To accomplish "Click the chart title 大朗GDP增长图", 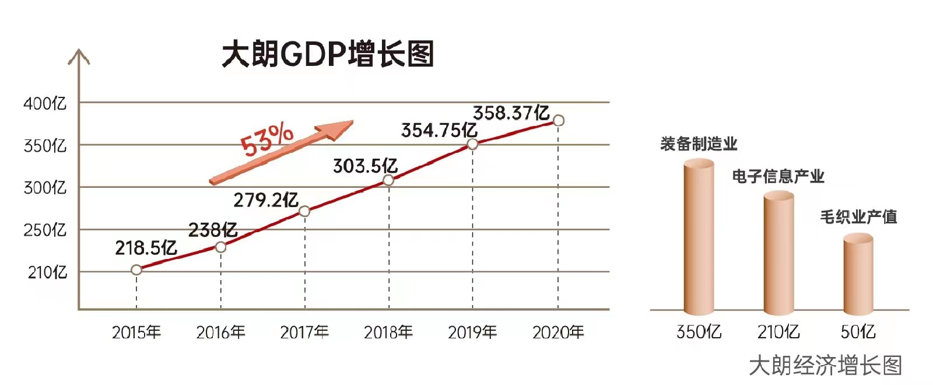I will [328, 54].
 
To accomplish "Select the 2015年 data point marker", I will [136, 269].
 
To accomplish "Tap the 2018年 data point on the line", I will [388, 180].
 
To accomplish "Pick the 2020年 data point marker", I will [558, 121].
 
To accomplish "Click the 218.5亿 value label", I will [146, 249].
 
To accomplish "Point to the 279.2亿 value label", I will [266, 201].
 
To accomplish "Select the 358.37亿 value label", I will [511, 113].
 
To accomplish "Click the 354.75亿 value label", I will [439, 131].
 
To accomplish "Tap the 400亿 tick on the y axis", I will [45, 104].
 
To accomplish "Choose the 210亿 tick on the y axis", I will [47, 272].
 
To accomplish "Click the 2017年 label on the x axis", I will [304, 332].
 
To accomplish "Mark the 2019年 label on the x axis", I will [472, 332].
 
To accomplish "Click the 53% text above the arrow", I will [267, 140].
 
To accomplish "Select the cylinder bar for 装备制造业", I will [699, 236].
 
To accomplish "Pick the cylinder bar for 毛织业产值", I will [858, 273].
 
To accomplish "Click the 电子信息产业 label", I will [778, 176].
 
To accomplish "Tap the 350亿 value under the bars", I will [699, 332].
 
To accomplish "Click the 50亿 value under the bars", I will [858, 332].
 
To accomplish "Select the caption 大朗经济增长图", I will [825, 366].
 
